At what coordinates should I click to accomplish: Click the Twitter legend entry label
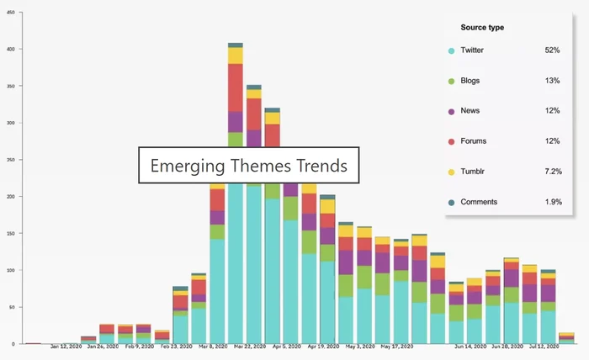point(472,50)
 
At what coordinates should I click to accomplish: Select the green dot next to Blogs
point(452,82)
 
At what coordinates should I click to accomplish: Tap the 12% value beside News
point(552,111)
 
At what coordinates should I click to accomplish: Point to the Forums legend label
point(474,141)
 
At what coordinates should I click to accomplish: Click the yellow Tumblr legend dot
point(452,172)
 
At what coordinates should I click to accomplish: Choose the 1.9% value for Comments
point(552,202)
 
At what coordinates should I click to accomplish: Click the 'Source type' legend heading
point(484,28)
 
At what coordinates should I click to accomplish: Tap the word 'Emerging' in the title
point(186,166)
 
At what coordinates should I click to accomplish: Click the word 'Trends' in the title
point(322,166)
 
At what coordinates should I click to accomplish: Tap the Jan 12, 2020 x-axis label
point(66,347)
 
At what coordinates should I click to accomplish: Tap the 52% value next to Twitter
point(552,50)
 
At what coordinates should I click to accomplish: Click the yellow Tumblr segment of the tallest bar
point(236,56)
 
